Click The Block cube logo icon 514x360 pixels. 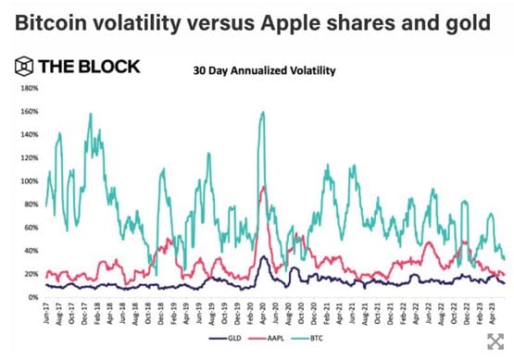coord(22,67)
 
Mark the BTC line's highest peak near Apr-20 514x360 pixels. coord(263,112)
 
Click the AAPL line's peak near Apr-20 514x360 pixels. coord(264,187)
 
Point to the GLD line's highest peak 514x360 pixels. coord(265,258)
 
